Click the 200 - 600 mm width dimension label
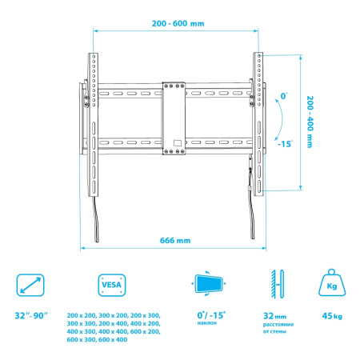[x=178, y=23]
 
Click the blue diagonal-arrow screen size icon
[x=30, y=283]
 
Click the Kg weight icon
[x=331, y=283]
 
